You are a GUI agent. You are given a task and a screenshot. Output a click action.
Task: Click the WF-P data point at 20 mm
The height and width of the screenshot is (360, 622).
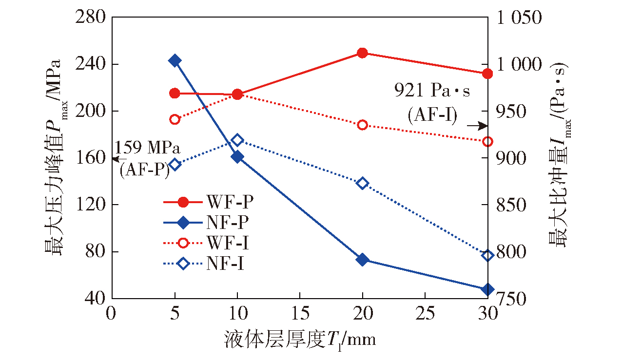(362, 53)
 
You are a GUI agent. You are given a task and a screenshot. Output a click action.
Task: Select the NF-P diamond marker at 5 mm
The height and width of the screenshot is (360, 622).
(175, 60)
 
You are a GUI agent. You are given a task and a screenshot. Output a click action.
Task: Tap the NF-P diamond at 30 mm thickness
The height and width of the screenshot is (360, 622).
(487, 289)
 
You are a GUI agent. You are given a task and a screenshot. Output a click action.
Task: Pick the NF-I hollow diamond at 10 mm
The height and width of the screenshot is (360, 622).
(237, 140)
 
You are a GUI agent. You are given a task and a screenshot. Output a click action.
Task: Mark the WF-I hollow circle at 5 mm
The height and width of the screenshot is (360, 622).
(175, 119)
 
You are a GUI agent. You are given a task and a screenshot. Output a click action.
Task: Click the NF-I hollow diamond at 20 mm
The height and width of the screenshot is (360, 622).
(362, 183)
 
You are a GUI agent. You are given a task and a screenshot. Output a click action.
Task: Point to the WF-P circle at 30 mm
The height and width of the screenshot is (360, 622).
(487, 74)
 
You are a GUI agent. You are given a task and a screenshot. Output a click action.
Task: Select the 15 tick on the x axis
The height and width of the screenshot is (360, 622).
(299, 314)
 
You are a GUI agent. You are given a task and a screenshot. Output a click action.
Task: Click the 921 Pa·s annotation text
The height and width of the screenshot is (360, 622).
(432, 91)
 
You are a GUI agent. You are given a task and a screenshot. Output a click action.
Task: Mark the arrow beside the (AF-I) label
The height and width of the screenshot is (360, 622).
(480, 126)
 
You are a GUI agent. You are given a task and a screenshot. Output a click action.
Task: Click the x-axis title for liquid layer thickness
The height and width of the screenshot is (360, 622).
(300, 339)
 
